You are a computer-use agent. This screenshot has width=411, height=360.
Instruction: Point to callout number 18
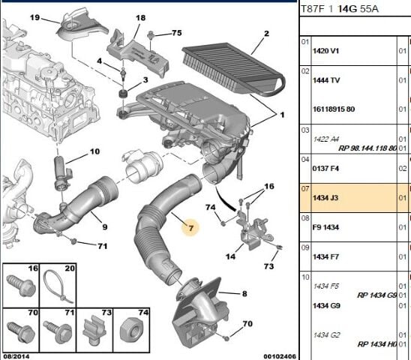(x=140, y=17)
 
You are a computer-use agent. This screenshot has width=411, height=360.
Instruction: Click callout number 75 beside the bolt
(x=176, y=34)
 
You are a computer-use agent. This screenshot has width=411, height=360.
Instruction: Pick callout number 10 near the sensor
(x=94, y=151)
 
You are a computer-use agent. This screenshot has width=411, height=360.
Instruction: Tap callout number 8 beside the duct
(x=244, y=294)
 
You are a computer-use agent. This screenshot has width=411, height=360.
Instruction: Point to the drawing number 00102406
(x=273, y=355)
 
